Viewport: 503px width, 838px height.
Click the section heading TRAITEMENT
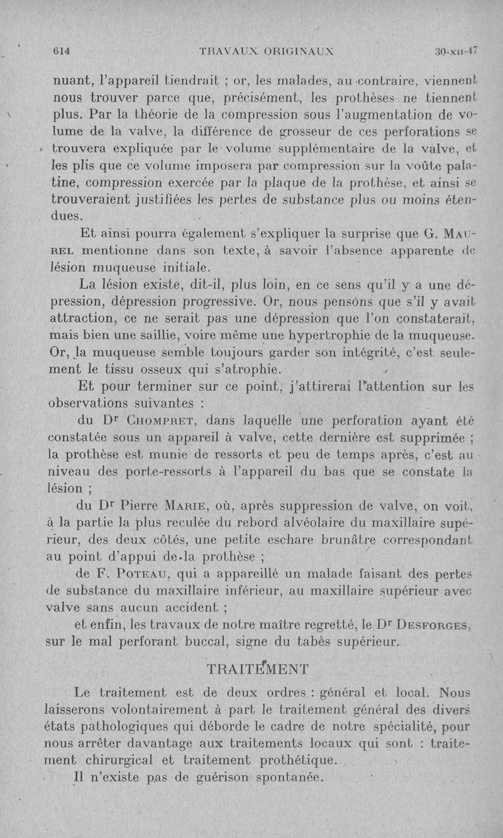point(257,668)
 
